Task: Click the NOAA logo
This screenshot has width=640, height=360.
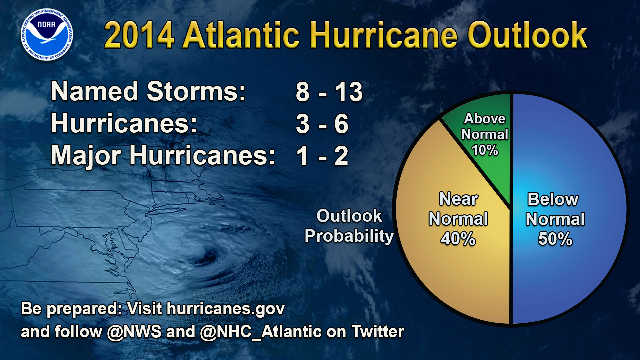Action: [x=46, y=35]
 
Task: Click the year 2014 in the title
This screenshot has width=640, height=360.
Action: [x=139, y=35]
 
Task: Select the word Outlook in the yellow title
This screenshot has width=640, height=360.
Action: [x=527, y=35]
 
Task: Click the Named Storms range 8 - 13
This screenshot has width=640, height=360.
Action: [x=329, y=92]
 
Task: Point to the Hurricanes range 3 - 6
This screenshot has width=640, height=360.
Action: [x=322, y=124]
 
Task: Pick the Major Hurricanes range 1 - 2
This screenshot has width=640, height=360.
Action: [x=322, y=156]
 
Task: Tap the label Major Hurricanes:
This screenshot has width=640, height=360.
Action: [x=163, y=156]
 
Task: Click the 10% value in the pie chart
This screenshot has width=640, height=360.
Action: [x=485, y=150]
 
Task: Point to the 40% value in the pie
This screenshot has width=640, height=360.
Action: [x=458, y=239]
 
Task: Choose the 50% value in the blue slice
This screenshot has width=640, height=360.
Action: [x=555, y=239]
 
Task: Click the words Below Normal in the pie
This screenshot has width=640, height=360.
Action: [x=555, y=209]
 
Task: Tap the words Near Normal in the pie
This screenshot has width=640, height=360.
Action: [x=458, y=209]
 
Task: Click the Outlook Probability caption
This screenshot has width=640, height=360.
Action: [x=349, y=226]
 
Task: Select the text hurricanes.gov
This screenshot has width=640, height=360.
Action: [x=226, y=309]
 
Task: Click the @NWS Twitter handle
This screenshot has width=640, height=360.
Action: [x=134, y=332]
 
